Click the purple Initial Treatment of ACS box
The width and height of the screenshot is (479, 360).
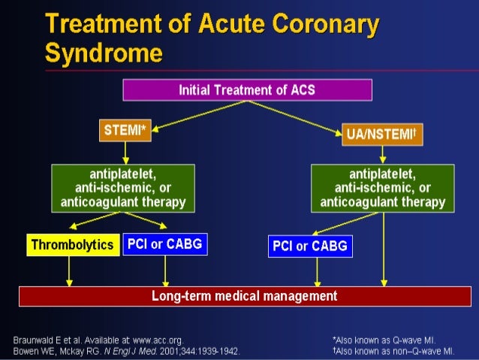pos(248,90)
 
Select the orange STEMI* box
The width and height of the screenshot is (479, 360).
pos(125,130)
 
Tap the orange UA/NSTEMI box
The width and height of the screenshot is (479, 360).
pos(382,134)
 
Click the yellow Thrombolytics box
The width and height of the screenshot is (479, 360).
pos(73,245)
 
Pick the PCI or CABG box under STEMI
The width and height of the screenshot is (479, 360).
pos(164,244)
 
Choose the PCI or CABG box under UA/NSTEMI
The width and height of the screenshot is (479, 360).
pos(309,246)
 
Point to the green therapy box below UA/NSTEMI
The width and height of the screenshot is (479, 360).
pos(382,187)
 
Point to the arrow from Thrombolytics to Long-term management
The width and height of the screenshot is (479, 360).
pos(69,271)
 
